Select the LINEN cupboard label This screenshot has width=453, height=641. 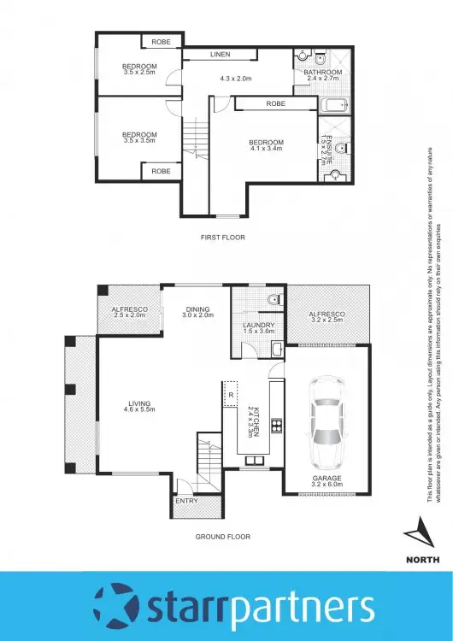click(x=220, y=55)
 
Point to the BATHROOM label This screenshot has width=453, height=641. click(x=323, y=73)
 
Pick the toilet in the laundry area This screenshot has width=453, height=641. click(x=273, y=299)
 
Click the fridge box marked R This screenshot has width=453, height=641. click(x=230, y=396)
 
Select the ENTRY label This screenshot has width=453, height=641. click(x=186, y=502)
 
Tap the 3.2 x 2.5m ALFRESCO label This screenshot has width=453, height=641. click(x=326, y=317)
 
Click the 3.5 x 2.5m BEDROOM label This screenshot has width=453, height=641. click(x=138, y=68)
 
